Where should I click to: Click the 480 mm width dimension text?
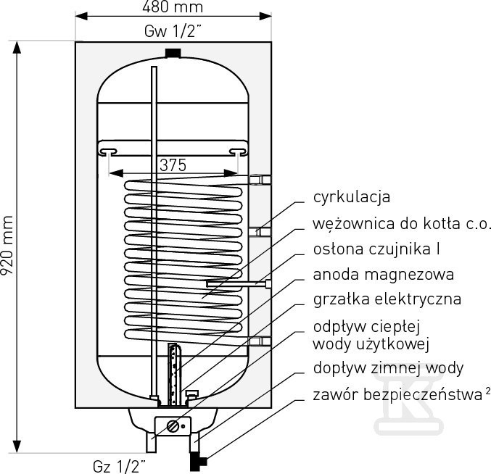coord(173,7)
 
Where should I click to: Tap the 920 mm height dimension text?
coord(7,245)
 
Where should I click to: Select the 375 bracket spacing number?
coord(173,165)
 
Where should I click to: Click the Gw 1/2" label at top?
coord(173,31)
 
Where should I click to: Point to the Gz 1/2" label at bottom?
coord(119,467)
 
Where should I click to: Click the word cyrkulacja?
coord(352,197)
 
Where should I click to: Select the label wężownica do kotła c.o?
coord(401,224)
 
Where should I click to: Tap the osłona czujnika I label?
coord(376,249)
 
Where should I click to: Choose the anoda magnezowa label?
coord(384,275)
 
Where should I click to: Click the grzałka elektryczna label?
coord(387,299)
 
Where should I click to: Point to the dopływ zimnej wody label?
coord(388,368)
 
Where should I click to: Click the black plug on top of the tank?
coord(173,53)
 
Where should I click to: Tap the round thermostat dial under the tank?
coord(173,426)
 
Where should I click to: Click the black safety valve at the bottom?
coord(198,462)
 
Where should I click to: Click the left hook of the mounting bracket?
coord(108,152)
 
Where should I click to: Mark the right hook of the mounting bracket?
coord(238,152)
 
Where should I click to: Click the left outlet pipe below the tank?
coord(152,443)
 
